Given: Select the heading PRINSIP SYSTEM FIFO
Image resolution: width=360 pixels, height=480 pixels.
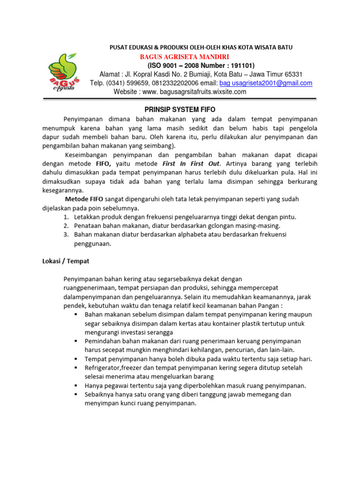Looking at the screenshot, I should pyautogui.click(x=180, y=109).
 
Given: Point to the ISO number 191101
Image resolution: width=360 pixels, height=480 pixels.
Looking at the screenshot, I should pyautogui.click(x=241, y=65).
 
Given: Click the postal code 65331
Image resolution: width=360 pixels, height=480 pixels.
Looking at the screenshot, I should pyautogui.click(x=293, y=74).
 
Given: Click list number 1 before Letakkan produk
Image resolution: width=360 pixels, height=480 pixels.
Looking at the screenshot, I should pyautogui.click(x=66, y=217).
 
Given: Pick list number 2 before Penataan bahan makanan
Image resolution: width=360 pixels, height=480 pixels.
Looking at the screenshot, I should pyautogui.click(x=66, y=226).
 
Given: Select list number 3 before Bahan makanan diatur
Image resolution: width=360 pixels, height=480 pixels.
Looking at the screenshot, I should pyautogui.click(x=66, y=235).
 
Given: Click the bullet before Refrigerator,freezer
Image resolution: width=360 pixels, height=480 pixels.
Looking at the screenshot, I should pyautogui.click(x=75, y=368).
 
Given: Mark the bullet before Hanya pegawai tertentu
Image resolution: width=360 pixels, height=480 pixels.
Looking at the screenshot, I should pyautogui.click(x=75, y=386).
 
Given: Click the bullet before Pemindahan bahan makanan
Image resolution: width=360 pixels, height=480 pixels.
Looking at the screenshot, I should pyautogui.click(x=75, y=341).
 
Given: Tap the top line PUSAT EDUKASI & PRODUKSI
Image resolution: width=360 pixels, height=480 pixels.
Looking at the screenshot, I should pyautogui.click(x=201, y=47).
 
